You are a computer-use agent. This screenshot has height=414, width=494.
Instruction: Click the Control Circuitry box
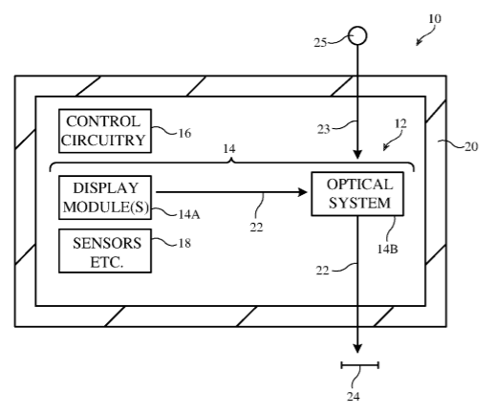click(x=105, y=131)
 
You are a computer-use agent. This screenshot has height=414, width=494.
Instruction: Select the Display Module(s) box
click(x=105, y=197)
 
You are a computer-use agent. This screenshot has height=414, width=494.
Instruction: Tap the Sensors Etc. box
click(x=105, y=251)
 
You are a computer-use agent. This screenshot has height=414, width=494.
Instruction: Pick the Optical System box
click(x=357, y=194)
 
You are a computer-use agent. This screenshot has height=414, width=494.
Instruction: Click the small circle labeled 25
click(x=357, y=35)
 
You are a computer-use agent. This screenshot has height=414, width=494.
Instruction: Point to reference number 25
click(x=320, y=43)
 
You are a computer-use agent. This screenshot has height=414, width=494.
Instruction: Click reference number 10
click(x=435, y=19)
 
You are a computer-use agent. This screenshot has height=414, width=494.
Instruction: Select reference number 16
click(x=184, y=133)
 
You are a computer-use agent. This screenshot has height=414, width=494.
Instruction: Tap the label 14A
click(x=189, y=214)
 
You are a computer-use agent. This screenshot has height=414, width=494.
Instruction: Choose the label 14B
click(x=388, y=249)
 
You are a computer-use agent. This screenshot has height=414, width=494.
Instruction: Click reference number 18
click(x=184, y=244)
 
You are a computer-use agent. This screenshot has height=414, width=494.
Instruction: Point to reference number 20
click(x=471, y=146)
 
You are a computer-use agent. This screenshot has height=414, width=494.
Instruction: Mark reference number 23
click(x=323, y=129)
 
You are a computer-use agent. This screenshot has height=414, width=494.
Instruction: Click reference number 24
click(x=354, y=397)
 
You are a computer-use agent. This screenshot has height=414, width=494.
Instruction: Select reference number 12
click(x=400, y=123)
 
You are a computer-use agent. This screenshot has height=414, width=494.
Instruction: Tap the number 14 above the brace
click(x=229, y=149)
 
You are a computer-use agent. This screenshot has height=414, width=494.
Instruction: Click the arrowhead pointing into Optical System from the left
click(x=302, y=192)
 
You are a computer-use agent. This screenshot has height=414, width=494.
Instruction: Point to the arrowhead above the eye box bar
click(x=357, y=348)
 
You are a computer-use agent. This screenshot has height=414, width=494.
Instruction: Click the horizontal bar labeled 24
click(x=360, y=365)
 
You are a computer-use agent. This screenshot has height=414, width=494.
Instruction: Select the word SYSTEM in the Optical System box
click(x=359, y=203)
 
